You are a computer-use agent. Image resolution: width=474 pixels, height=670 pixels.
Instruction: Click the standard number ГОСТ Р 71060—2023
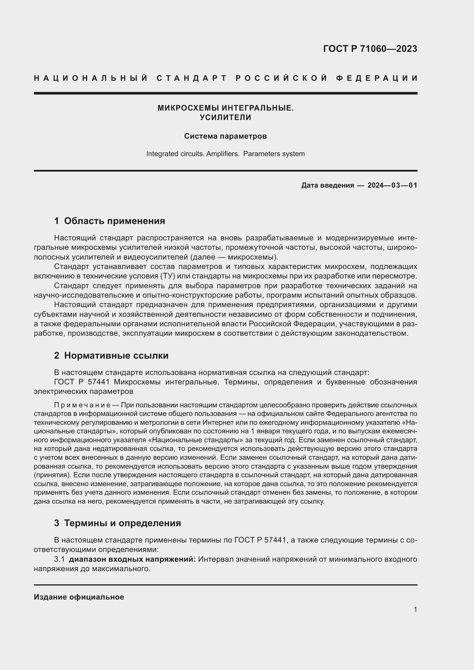coord(370,49)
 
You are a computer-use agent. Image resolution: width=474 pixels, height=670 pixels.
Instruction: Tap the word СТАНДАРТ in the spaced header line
coord(192,78)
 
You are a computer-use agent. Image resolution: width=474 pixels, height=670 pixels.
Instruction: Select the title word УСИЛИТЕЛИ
coord(225,118)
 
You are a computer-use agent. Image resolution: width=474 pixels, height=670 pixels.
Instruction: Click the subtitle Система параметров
coord(225,136)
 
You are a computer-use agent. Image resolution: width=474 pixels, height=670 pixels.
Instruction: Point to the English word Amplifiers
coord(222,154)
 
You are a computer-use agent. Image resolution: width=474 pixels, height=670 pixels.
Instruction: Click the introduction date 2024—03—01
coord(392,185)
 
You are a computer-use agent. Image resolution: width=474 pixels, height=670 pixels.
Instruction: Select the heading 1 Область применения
coord(109,221)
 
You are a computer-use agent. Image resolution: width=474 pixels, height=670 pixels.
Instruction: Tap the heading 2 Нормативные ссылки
coord(111,355)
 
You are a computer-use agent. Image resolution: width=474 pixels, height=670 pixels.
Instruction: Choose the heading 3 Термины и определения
coord(117,523)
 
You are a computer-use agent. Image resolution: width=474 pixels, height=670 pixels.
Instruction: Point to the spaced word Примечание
coord(82,405)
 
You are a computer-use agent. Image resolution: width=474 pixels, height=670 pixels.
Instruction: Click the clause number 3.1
coord(59,559)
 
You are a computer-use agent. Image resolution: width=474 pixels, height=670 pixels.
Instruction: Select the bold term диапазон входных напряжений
coord(132,559)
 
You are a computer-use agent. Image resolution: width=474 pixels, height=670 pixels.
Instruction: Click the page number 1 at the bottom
coord(415,609)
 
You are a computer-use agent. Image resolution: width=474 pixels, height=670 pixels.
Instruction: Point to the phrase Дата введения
coord(328,185)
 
